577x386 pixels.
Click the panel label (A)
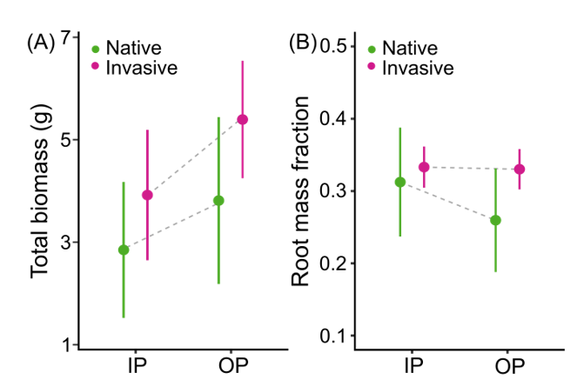pyautogui.click(x=41, y=42)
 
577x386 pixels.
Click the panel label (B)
pyautogui.click(x=302, y=42)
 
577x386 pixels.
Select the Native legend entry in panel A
pyautogui.click(x=131, y=47)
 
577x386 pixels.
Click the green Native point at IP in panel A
pyautogui.click(x=124, y=250)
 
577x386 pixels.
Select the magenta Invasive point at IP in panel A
pyautogui.click(x=147, y=195)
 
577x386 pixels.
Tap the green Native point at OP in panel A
pyautogui.click(x=218, y=200)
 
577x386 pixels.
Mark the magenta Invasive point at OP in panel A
pyautogui.click(x=242, y=119)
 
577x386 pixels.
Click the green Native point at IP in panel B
pyautogui.click(x=400, y=182)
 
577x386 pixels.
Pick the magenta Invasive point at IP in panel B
pyautogui.click(x=424, y=167)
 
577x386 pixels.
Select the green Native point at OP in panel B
pyautogui.click(x=495, y=220)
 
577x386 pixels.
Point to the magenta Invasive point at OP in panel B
pyautogui.click(x=519, y=169)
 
